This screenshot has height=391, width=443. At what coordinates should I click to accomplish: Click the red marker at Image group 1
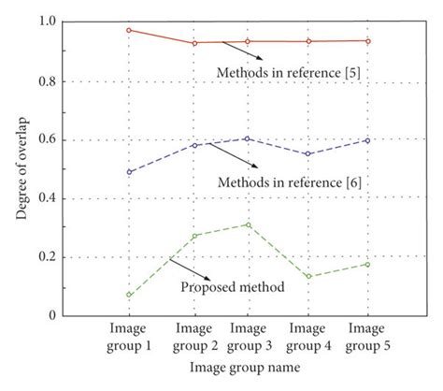(x=129, y=30)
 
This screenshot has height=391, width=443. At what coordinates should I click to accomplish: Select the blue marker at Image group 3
(x=247, y=138)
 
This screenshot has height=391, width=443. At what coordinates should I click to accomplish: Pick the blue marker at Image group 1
(x=129, y=172)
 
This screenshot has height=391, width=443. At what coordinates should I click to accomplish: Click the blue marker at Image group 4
(x=307, y=154)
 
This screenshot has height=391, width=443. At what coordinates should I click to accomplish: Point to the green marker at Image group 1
(x=129, y=295)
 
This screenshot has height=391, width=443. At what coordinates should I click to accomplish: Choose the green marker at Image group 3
(x=247, y=224)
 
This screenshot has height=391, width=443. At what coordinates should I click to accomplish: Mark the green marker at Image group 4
(x=307, y=277)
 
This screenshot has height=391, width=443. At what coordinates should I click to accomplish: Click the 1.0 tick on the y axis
(x=47, y=22)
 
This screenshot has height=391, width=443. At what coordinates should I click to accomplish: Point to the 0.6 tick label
(x=47, y=139)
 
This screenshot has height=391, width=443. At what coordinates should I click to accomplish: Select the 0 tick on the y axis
(x=52, y=315)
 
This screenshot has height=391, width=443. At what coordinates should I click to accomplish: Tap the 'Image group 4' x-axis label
(x=307, y=338)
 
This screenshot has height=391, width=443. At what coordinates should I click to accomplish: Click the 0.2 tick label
(x=47, y=256)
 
